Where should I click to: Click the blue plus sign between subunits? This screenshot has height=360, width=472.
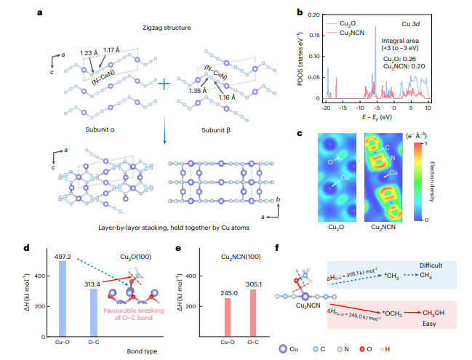(x=164, y=83)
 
